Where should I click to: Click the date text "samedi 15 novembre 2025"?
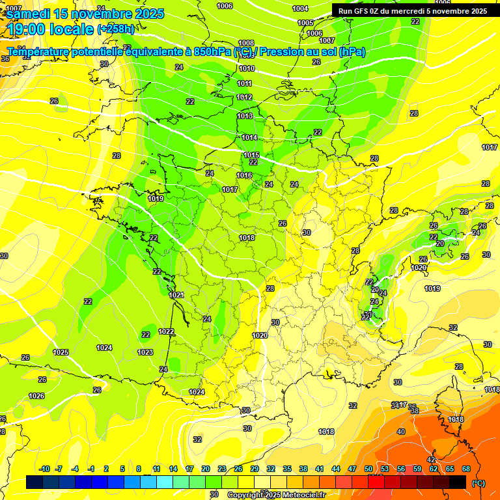85,14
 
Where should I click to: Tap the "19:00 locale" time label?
51,29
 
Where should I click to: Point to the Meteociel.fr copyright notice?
276,495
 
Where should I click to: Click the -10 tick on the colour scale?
44,469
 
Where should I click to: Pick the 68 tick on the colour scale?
466,469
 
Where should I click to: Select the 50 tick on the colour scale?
368,469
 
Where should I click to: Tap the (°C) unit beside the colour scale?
478,483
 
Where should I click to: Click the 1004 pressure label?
300,8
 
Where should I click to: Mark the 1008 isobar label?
246,43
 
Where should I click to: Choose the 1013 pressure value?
245,116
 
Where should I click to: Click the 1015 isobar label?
251,155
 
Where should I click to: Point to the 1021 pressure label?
176,295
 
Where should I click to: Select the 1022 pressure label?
166,331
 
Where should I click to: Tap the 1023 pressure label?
145,352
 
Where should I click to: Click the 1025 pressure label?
61,352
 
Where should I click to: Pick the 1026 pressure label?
36,396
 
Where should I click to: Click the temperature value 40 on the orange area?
401,432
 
